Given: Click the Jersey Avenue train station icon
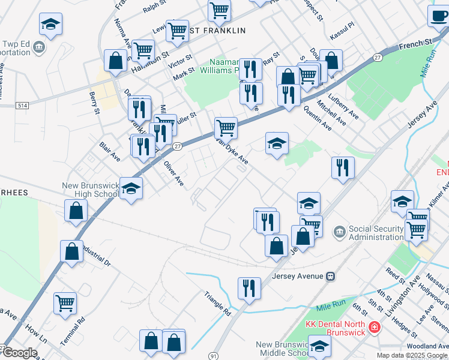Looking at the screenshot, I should [330, 277].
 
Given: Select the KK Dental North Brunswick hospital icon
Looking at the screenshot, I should [373, 327].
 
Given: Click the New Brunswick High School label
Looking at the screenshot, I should [91, 190].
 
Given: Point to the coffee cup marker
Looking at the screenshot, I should [438, 16].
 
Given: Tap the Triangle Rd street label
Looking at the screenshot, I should [217, 304].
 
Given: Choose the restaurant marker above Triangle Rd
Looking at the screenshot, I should [249, 287].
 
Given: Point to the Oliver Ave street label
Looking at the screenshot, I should [174, 173].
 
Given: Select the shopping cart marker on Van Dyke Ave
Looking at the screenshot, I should [226, 127].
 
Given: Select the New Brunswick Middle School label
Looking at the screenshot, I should [282, 349].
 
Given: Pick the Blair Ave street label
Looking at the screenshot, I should [110, 151].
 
